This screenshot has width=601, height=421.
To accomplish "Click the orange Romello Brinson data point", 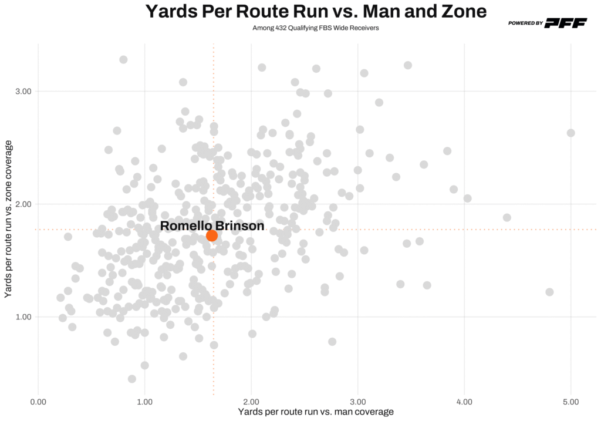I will coord(212,235).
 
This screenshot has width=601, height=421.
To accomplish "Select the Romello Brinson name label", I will coord(212,225).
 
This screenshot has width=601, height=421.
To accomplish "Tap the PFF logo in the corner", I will coord(566,23).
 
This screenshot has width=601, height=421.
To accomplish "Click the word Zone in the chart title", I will coord(458,12).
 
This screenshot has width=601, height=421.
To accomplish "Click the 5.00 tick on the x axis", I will coord(570,402).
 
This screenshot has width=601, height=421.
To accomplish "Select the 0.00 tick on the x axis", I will coord(38,402).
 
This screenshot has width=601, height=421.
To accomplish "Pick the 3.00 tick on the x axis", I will coord(357,402).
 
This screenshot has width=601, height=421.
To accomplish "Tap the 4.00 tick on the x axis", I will coord(464,402).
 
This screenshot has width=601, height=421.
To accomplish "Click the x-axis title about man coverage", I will coord(315,412).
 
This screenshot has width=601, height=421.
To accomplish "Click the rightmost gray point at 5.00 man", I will coord(570,133).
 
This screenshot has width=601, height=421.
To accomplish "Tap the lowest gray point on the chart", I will coord(132,379).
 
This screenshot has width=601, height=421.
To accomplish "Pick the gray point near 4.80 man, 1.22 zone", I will coord(549,292).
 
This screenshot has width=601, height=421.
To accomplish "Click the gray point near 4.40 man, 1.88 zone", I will coord(507,217).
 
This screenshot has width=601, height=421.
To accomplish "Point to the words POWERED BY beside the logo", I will coord(525,23).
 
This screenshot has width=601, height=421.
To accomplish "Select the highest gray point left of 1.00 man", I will coord(123,59).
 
